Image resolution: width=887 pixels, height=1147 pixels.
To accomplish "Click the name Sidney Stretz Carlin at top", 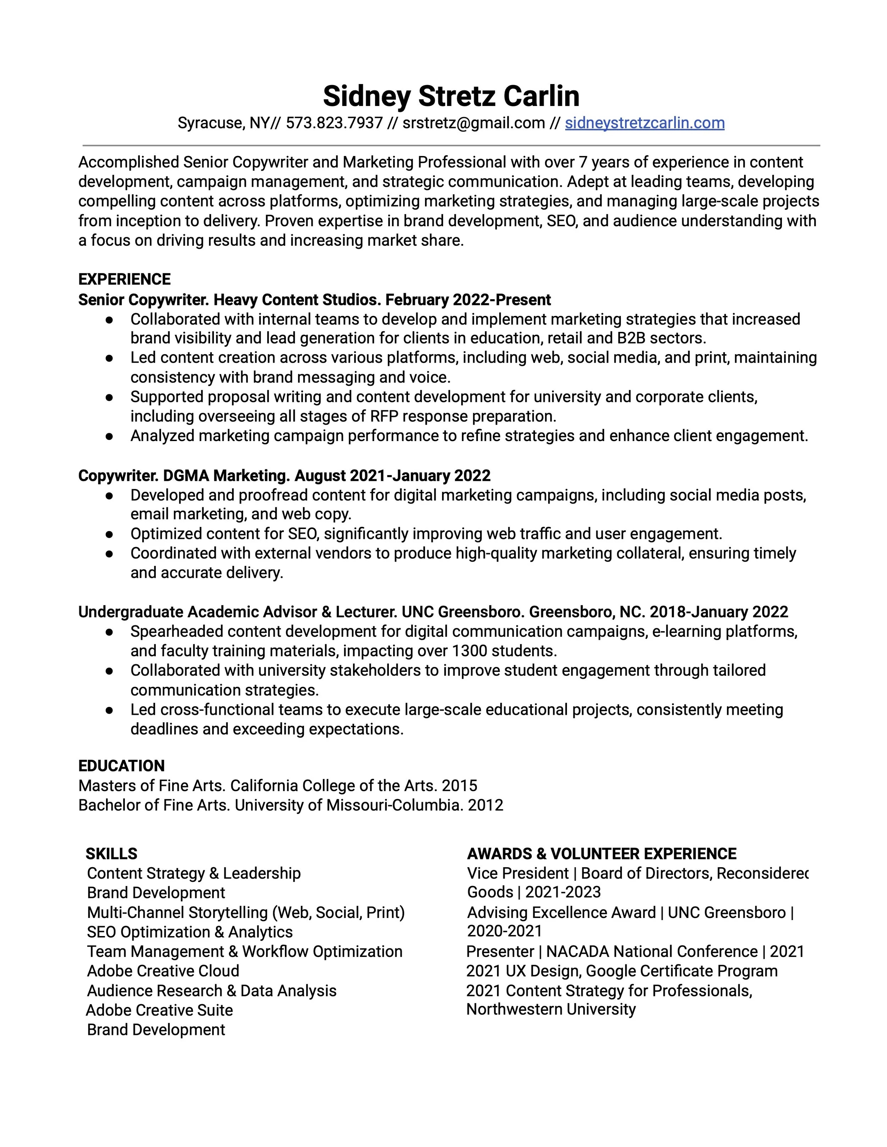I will click(451, 96).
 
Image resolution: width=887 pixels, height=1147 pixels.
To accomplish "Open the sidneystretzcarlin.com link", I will click(644, 123).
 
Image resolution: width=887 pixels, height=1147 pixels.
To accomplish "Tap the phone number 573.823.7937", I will click(334, 123).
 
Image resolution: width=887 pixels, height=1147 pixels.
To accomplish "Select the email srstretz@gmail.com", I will click(473, 123).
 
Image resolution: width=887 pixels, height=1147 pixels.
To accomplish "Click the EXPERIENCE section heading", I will click(125, 279).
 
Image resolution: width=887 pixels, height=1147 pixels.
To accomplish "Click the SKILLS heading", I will click(111, 853).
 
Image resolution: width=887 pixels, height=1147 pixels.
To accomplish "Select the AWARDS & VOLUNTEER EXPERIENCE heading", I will click(602, 853).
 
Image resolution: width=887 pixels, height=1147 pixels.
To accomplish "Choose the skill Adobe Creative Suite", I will click(159, 1010).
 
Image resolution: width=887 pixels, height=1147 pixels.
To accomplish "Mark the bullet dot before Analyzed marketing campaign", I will click(109, 436).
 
